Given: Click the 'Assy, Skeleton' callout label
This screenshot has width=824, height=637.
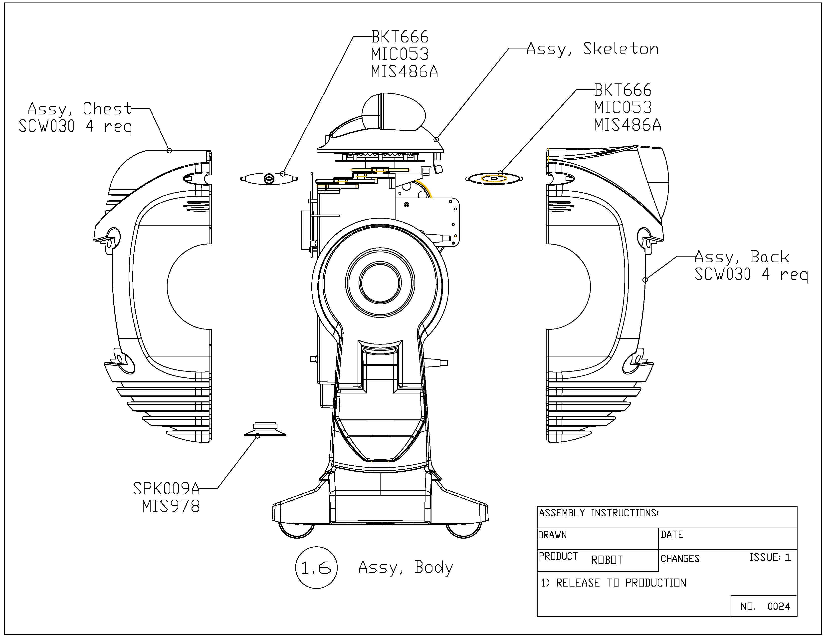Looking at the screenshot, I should pyautogui.click(x=592, y=49).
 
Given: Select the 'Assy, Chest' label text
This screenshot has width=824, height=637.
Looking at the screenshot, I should pyautogui.click(x=80, y=109).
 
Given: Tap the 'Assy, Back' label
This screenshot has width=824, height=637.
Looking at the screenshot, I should pyautogui.click(x=741, y=257).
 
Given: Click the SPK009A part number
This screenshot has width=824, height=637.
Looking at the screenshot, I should pyautogui.click(x=166, y=489).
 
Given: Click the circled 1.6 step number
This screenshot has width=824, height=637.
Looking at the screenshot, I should pyautogui.click(x=316, y=567).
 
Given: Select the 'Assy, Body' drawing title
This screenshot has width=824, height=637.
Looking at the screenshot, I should pyautogui.click(x=406, y=567).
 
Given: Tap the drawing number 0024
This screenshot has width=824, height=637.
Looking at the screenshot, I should pyautogui.click(x=779, y=607).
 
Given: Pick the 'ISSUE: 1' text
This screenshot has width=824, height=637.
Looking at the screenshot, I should pyautogui.click(x=770, y=557).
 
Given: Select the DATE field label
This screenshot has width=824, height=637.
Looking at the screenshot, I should pyautogui.click(x=672, y=535).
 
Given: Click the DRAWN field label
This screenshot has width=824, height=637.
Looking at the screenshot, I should pyautogui.click(x=553, y=535).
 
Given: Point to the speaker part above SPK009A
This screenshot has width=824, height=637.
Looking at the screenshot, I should pyautogui.click(x=265, y=429).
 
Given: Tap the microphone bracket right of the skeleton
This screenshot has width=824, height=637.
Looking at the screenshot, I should pyautogui.click(x=494, y=179).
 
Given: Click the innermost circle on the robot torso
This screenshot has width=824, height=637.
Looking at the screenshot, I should pyautogui.click(x=380, y=282).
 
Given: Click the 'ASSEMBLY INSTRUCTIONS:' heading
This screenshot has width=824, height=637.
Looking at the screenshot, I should pyautogui.click(x=598, y=513).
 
